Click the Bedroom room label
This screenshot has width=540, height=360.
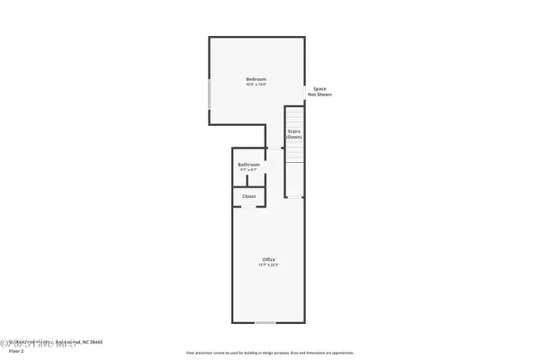coord(256,80)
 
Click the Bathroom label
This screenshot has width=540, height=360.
coord(249,165)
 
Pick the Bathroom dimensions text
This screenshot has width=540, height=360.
coord(249,170)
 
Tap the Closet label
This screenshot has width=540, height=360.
coord(249,195)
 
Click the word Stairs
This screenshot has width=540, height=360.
coord(293,131)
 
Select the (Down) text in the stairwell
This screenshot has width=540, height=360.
coord(293,137)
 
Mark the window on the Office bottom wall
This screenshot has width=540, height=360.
coord(264,322)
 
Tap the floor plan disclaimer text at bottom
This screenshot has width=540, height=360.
coord(270,353)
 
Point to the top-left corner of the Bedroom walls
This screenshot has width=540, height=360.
coord(211,38)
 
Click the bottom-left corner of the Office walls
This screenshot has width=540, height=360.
coord(233,322)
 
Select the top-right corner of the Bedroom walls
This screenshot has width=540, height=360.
coord(306,38)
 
